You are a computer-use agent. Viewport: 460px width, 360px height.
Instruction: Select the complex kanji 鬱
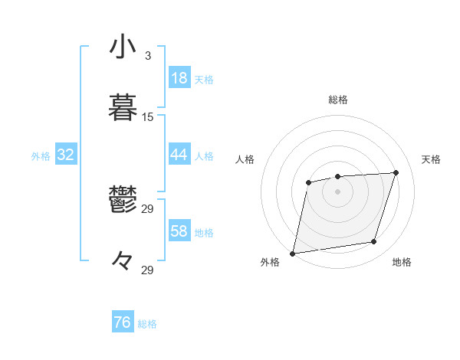pos(123,201)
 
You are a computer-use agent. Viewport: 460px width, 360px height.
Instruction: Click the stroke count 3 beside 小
pos(148,56)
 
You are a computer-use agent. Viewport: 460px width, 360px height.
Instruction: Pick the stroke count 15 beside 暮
pos(148,117)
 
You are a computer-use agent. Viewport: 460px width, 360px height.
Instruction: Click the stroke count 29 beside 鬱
pos(148,208)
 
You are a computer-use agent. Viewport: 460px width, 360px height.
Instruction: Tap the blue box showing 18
pos(179,78)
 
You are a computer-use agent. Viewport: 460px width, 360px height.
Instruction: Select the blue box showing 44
pos(179,155)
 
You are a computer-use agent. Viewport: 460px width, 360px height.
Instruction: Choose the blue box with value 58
pos(179,231)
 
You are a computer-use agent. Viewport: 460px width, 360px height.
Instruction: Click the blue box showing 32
pos(66,155)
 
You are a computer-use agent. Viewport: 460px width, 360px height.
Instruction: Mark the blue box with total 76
pos(123,322)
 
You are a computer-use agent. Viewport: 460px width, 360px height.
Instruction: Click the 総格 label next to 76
pos(147,324)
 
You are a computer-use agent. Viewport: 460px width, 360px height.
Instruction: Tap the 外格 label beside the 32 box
pos(41,156)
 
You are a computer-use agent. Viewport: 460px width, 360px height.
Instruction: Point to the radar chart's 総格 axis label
pos(338,100)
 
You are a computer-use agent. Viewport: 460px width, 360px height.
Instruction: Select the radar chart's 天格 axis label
pos(432,159)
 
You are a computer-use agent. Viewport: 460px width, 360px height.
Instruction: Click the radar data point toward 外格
pos(293,253)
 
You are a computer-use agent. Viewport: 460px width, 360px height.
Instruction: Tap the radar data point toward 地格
pos(374,242)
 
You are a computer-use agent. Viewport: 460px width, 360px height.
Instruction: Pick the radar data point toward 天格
pos(396,172)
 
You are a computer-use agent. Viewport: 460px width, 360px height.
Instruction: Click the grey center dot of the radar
pos(337,191)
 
